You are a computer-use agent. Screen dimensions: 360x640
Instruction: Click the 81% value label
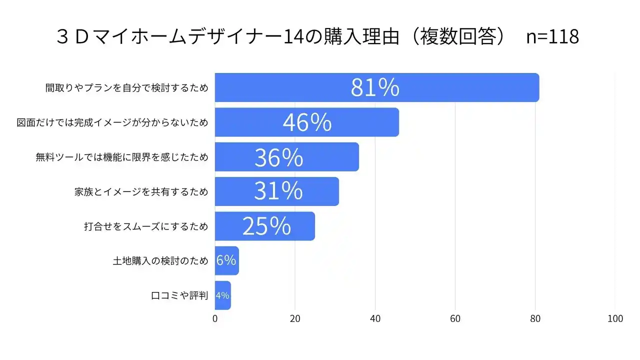pos(375,87)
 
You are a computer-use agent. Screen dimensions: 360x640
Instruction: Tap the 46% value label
pos(307,122)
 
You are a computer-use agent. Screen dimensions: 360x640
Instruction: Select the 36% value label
pos(278,157)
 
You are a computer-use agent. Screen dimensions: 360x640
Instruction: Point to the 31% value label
pos(278,191)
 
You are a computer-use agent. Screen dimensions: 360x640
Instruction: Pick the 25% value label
pos(266,226)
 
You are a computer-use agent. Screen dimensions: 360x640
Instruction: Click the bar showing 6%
pos(226,260)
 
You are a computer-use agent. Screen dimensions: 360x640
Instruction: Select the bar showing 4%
pos(222,295)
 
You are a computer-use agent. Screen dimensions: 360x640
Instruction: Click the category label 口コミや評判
pos(179,295)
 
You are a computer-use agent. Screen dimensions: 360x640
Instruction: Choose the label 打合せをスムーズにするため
pos(145,226)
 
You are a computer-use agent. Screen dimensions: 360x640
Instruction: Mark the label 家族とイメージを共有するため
pos(141,191)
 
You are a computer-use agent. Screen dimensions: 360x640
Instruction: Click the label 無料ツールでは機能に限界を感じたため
pos(121,157)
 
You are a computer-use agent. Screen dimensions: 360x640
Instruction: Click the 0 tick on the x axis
pos(215,319)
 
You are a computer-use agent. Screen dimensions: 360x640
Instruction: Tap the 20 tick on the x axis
pos(295,319)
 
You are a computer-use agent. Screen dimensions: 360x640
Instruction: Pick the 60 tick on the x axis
pos(455,319)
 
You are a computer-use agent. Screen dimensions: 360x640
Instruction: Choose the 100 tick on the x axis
pos(615,319)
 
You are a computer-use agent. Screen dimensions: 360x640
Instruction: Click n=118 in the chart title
pos(553,37)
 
